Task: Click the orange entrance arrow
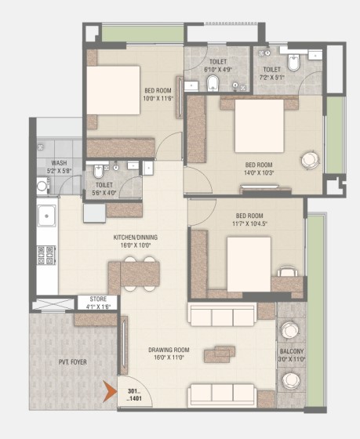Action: point(109,391)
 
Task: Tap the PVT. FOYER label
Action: point(73,362)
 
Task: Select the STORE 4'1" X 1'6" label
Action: point(98,303)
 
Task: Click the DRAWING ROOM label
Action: point(169,350)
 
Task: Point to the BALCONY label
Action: point(292,351)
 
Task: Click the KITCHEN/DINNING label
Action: point(136,238)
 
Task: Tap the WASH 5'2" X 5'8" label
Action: point(59,166)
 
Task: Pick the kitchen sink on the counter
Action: point(46,216)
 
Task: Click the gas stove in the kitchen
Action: point(46,255)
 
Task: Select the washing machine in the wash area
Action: point(42,186)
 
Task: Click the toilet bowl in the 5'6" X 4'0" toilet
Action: point(98,172)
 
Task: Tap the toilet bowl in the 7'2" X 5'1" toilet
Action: point(293,62)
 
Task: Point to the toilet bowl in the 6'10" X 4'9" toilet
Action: point(213,83)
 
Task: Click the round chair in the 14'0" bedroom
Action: point(310,160)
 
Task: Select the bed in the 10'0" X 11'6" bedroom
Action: point(113,90)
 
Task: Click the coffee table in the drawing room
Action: point(220,354)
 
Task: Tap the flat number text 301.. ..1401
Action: point(134,395)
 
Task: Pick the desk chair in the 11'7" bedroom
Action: point(287,271)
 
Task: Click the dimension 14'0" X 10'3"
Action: point(259,172)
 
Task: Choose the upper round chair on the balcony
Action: point(290,330)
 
